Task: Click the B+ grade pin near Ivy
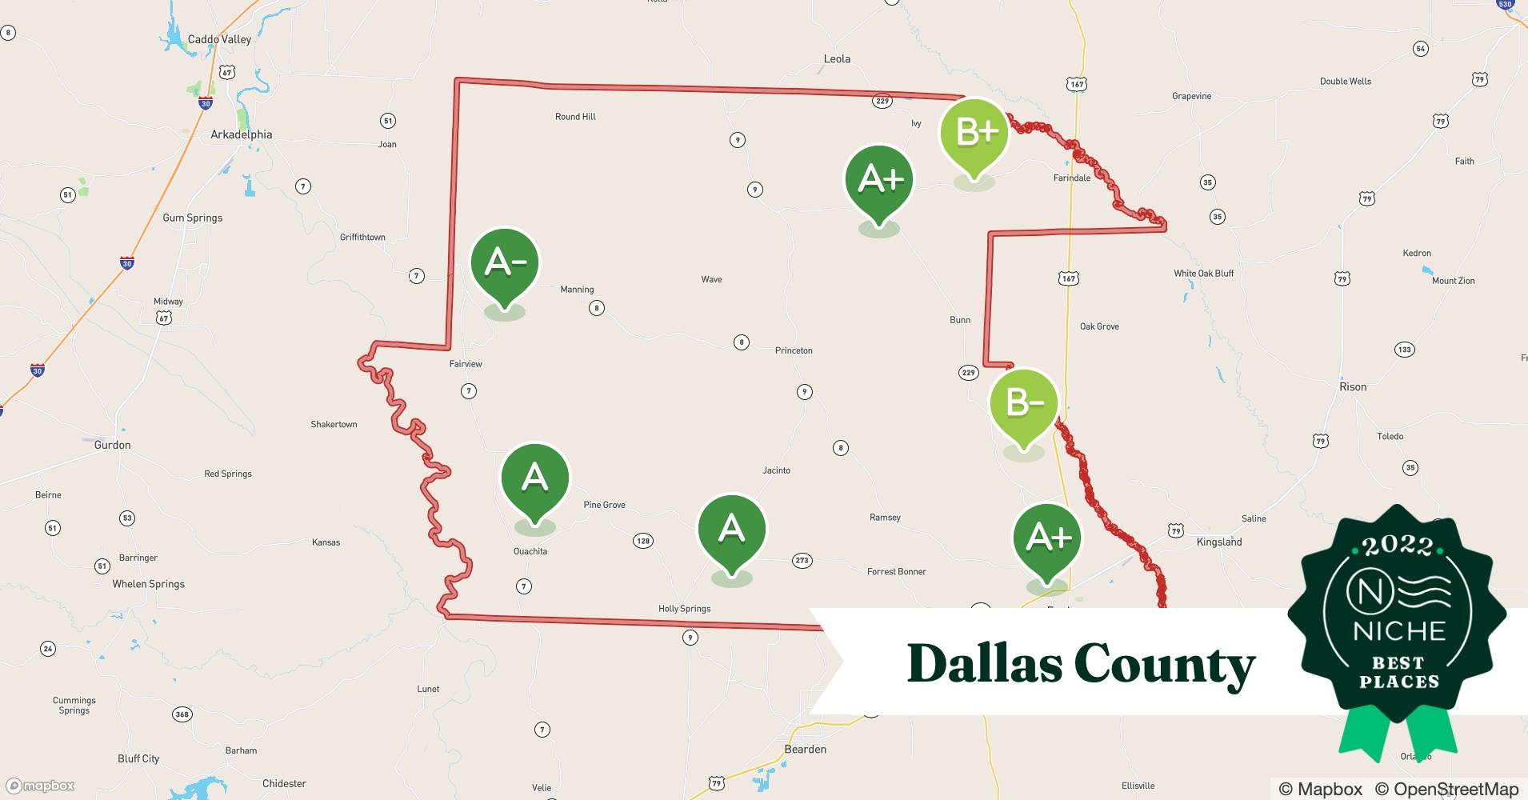(x=974, y=134)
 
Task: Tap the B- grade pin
(x=1024, y=404)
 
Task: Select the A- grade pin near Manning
(x=505, y=264)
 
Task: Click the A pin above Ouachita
(x=534, y=479)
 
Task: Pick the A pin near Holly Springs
(x=731, y=530)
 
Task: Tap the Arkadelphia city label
(x=241, y=134)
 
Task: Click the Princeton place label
(x=794, y=350)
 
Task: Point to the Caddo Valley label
(x=219, y=39)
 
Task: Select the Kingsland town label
(x=1218, y=542)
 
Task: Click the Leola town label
(x=837, y=58)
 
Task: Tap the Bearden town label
(x=805, y=749)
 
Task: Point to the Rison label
(x=1353, y=386)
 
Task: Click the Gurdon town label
(x=112, y=445)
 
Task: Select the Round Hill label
(x=575, y=117)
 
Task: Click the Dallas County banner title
(x=1081, y=664)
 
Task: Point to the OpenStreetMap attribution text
(x=1447, y=789)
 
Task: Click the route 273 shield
(x=802, y=561)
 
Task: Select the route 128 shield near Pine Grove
(x=643, y=541)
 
